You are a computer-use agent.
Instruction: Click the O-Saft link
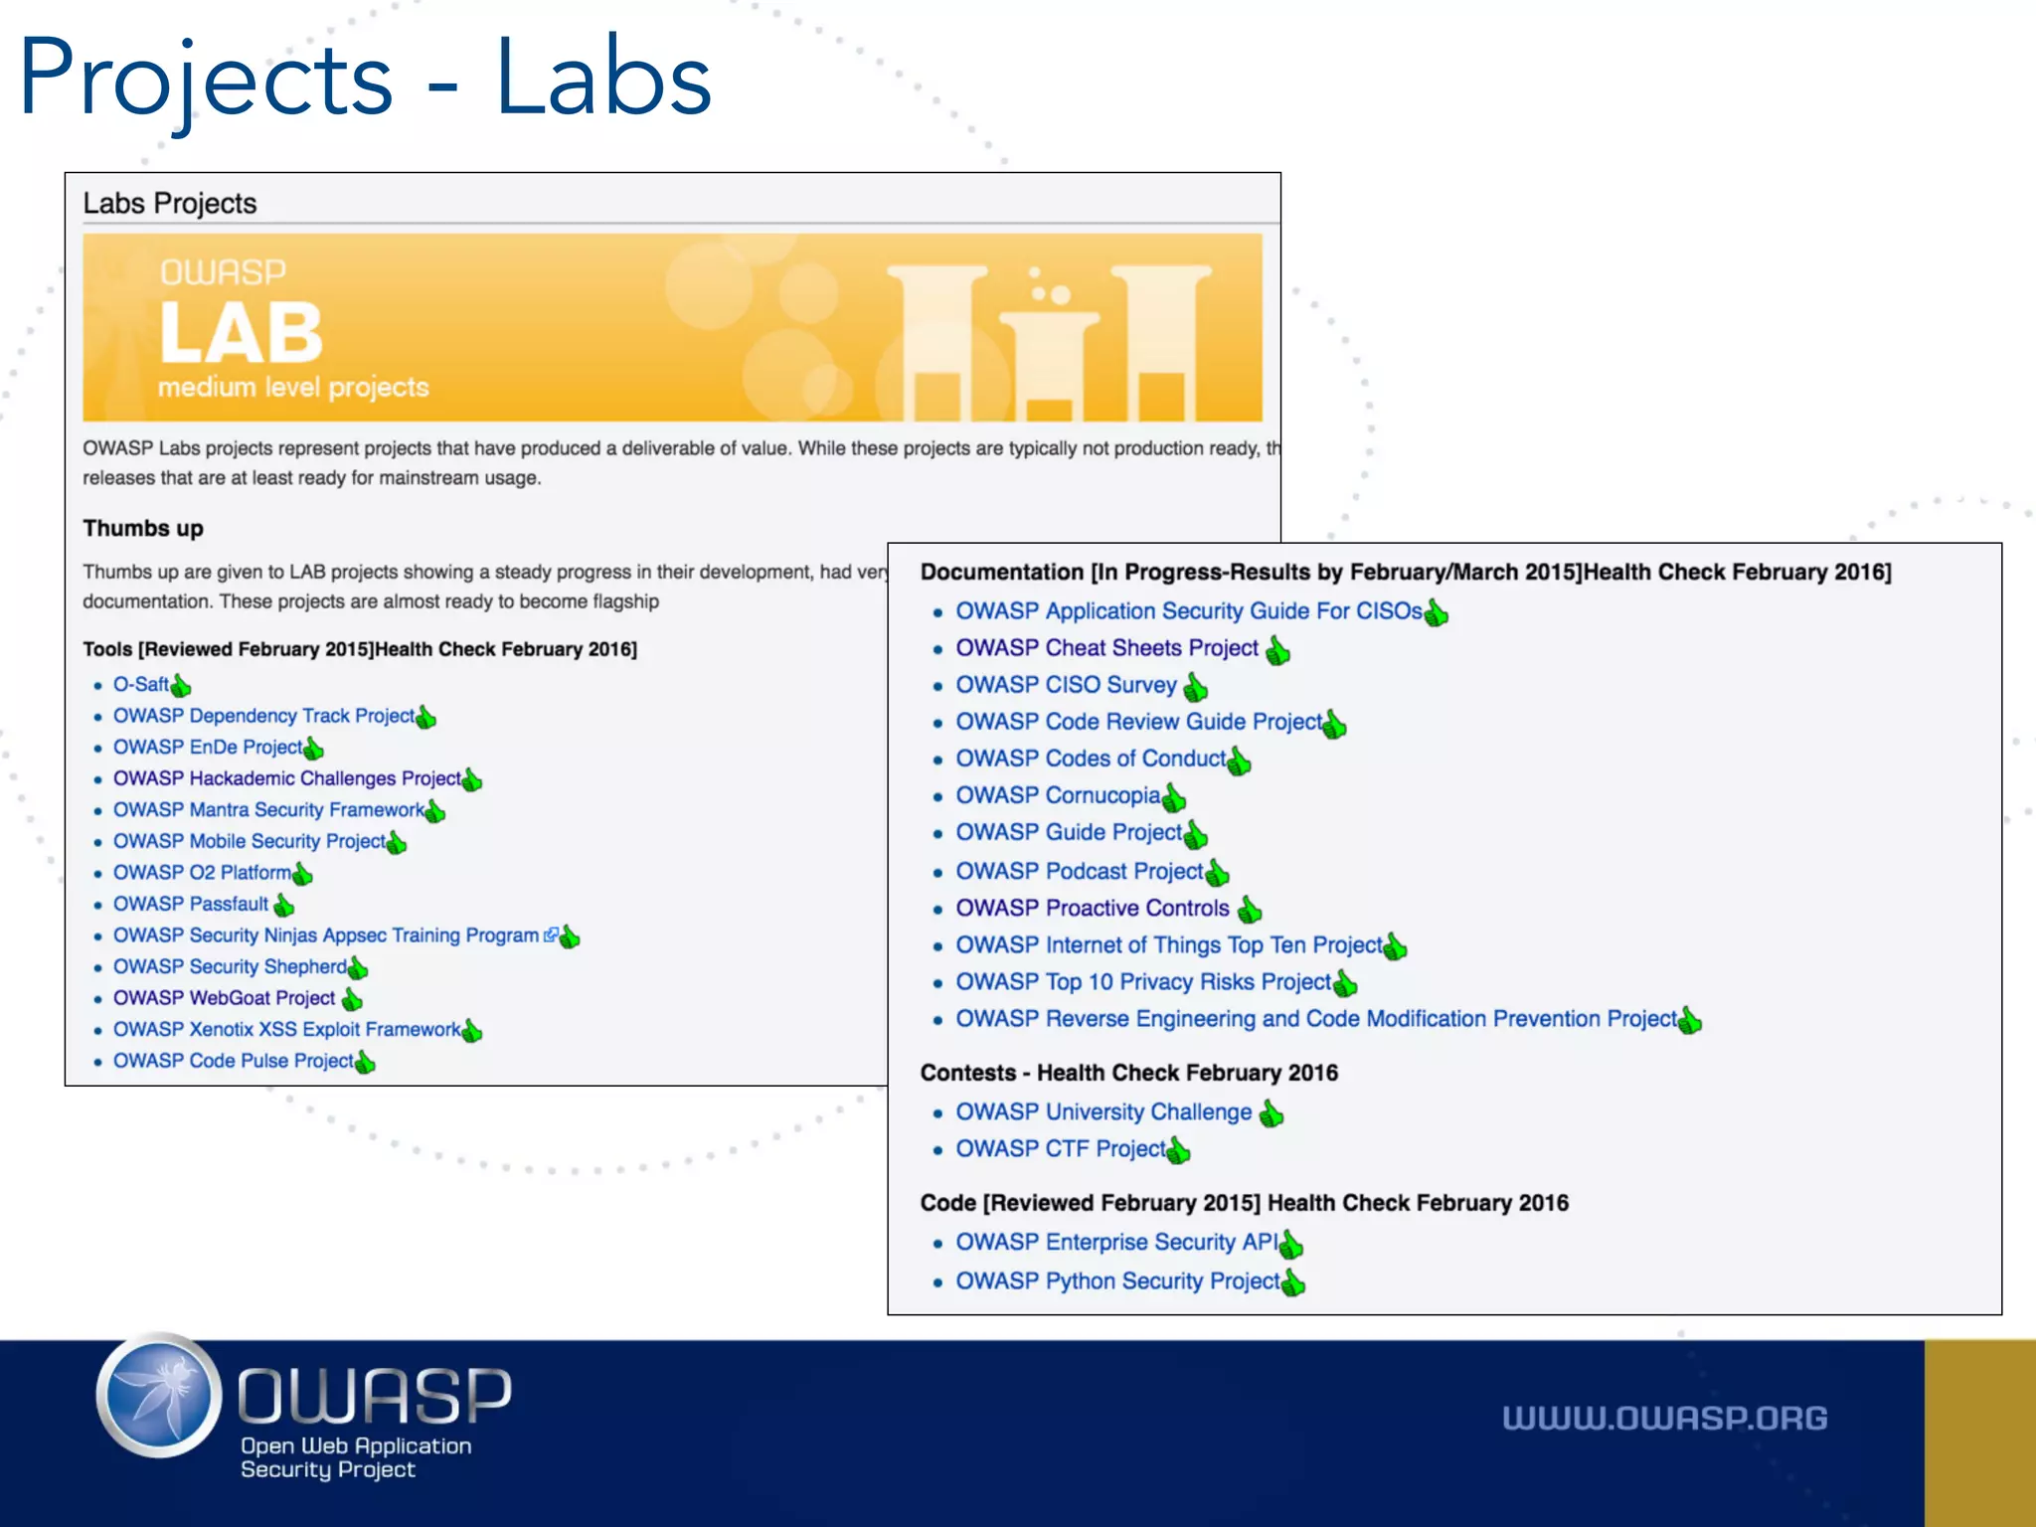pos(140,685)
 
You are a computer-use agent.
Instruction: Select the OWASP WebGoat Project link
pos(224,998)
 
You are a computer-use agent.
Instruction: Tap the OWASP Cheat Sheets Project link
pos(1106,648)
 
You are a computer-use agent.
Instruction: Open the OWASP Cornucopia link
pos(1058,796)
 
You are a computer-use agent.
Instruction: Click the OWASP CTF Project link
pos(1060,1149)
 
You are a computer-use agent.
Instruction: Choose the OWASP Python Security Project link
pos(1117,1281)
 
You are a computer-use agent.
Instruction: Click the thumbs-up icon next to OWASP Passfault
pos(284,905)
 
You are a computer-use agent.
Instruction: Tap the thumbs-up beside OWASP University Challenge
pos(1272,1113)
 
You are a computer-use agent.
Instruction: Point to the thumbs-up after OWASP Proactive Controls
pos(1250,910)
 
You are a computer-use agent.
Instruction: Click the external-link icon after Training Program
pos(551,935)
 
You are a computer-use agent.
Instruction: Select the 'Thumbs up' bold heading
pos(143,529)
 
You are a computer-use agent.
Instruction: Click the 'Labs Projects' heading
pos(170,204)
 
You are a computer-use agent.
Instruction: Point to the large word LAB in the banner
pos(242,333)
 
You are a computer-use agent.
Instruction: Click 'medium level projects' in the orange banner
pos(293,388)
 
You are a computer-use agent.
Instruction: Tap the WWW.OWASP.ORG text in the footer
pos(1664,1419)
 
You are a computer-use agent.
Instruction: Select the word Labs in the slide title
pos(603,80)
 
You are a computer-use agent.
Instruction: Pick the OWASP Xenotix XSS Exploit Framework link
pos(286,1030)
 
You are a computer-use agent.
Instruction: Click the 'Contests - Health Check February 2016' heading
pos(1128,1074)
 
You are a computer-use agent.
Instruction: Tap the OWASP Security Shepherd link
pos(230,967)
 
